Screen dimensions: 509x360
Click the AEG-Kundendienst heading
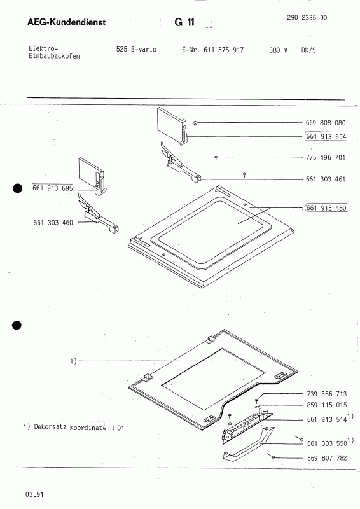point(67,24)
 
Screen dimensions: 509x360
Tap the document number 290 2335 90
point(303,18)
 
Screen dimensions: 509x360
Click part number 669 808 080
point(326,122)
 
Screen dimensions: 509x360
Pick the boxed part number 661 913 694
point(326,136)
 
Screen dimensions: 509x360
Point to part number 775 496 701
point(326,157)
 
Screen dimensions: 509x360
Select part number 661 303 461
point(326,179)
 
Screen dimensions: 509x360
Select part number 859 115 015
point(326,405)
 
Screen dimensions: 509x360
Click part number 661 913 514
point(326,421)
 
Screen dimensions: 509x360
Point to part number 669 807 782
point(326,457)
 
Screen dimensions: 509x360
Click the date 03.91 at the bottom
point(35,494)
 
